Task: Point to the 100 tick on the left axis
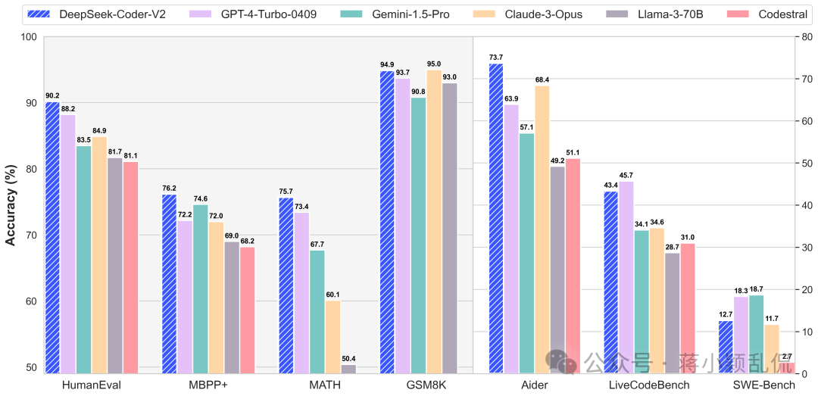(30, 37)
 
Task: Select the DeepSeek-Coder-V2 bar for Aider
(496, 219)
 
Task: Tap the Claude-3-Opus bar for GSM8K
(434, 222)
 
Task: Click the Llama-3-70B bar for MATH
(348, 369)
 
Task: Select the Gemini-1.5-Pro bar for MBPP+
(201, 289)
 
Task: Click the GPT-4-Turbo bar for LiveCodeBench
(626, 278)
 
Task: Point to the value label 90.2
(53, 96)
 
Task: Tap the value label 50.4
(348, 358)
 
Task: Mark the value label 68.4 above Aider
(542, 80)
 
